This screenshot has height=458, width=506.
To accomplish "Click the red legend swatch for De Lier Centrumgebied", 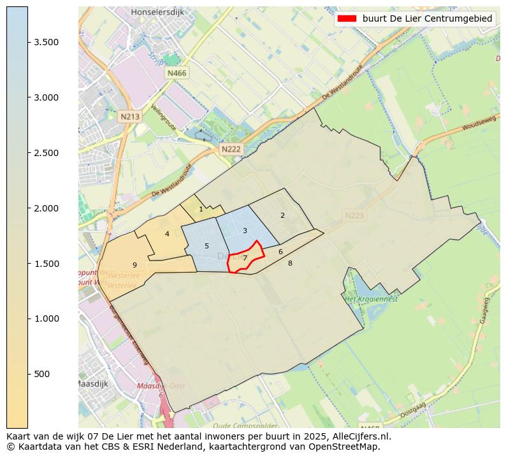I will (x=347, y=19).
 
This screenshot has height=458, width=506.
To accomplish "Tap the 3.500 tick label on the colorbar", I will (x=47, y=42).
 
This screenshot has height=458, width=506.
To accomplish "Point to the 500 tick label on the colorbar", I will (x=42, y=374).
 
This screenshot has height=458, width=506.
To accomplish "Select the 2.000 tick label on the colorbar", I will (x=47, y=208).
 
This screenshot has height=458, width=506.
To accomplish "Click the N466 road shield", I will (x=177, y=73).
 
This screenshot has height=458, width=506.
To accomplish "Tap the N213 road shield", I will (x=129, y=117).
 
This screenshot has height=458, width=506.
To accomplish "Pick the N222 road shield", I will (x=231, y=149).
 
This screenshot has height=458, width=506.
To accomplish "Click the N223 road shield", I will (x=354, y=216).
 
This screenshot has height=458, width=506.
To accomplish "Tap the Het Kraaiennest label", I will (x=371, y=298).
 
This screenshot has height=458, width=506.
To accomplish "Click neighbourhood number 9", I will (x=134, y=265).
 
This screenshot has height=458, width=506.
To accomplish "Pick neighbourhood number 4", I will (x=167, y=234).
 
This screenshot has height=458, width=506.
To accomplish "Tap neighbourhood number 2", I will (x=282, y=215).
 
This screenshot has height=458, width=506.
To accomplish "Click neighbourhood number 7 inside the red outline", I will (x=245, y=258).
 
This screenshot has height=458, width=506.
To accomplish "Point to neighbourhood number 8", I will (x=290, y=263).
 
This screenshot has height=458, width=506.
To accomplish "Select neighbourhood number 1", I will (x=201, y=209).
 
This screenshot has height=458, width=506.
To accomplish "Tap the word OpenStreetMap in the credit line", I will (x=347, y=447).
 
